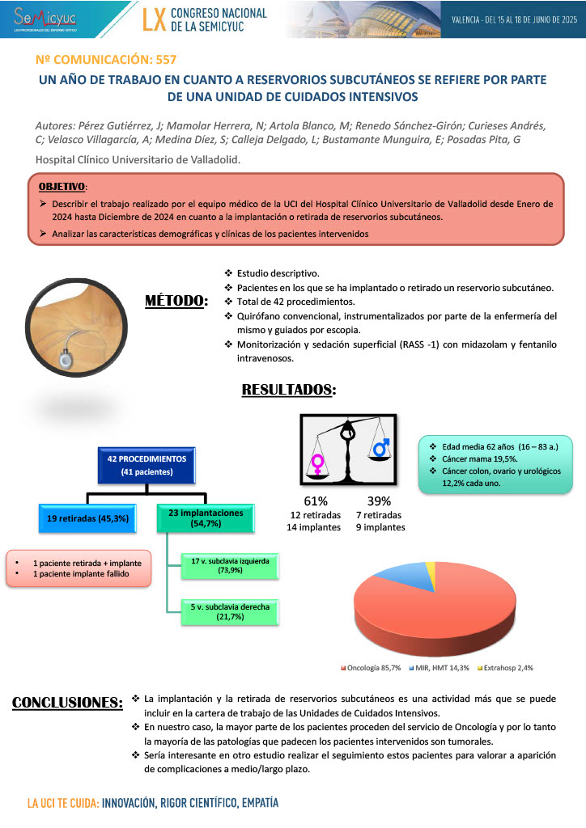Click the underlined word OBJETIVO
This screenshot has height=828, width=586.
coord(60,187)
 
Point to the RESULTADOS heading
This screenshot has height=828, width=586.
coord(289,391)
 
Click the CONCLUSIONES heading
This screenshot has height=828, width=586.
coord(67,702)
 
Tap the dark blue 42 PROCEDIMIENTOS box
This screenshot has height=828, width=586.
coord(147,464)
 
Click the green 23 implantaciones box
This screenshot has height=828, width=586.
coord(200,517)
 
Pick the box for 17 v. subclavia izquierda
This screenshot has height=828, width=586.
coord(225,564)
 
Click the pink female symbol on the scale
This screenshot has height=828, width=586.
coord(317,464)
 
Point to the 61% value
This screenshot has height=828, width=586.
coord(316,501)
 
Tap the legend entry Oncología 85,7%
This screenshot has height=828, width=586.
coord(373,668)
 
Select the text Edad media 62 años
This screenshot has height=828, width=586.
coord(477,446)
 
